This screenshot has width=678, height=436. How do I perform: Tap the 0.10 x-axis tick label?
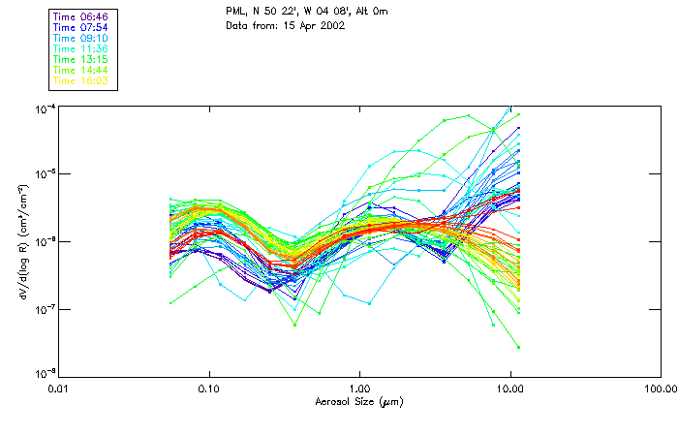tap(209, 389)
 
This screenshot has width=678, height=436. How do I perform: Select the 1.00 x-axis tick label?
tap(360, 389)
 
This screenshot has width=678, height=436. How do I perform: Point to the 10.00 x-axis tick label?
tap(510, 389)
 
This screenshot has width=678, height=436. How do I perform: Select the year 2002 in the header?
tap(331, 24)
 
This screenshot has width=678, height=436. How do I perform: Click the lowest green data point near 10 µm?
tap(518, 346)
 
